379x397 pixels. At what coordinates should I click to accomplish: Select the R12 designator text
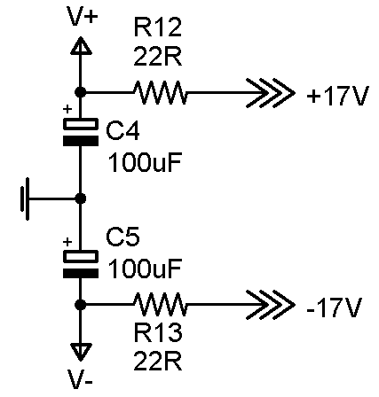pos(157,27)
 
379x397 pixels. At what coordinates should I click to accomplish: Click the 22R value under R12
pos(157,56)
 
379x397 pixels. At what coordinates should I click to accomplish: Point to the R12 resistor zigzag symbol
pos(161,93)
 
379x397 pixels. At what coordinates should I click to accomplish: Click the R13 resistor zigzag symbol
pos(161,304)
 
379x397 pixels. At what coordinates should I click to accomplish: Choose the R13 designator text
pos(157,332)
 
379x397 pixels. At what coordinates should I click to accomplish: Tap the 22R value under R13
pos(157,361)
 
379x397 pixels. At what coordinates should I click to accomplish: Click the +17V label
pos(338,96)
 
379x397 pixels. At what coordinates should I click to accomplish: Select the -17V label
pos(335,307)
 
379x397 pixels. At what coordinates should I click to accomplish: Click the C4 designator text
pos(122,131)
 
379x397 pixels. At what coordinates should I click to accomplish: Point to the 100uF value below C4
pos(145,162)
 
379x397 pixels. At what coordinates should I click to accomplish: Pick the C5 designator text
pos(122,237)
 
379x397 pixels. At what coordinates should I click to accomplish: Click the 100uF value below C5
pos(145,268)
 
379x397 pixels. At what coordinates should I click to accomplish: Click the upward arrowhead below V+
pos(80,46)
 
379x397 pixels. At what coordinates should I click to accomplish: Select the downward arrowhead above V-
pos(80,352)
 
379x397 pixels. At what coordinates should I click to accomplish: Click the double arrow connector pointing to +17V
pos(271,93)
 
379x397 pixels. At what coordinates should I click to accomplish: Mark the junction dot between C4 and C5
pos(80,198)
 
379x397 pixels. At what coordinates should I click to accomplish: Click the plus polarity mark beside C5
pos(67,242)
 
